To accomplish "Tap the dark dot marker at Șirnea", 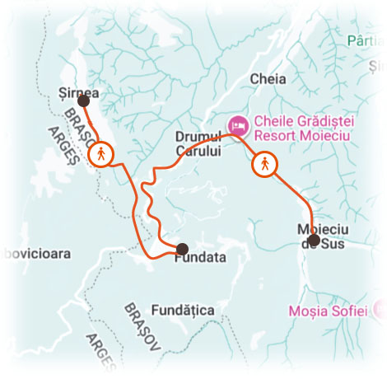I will [x=82, y=101].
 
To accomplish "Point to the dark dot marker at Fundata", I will [x=182, y=248].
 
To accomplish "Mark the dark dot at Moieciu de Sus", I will [x=313, y=240].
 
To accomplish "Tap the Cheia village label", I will [x=270, y=80].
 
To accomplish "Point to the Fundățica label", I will [x=184, y=310].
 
